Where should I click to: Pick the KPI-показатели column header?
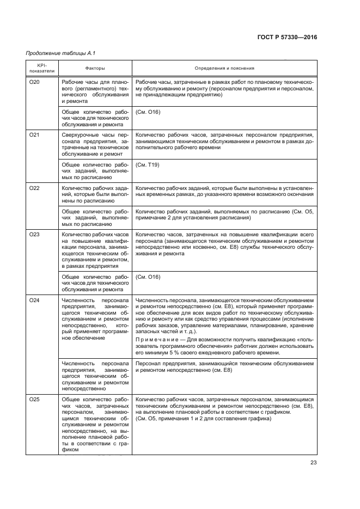[x=38, y=69]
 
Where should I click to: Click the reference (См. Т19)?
[x=148, y=164]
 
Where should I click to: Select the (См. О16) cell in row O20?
[x=148, y=112]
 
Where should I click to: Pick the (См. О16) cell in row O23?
[x=148, y=277]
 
